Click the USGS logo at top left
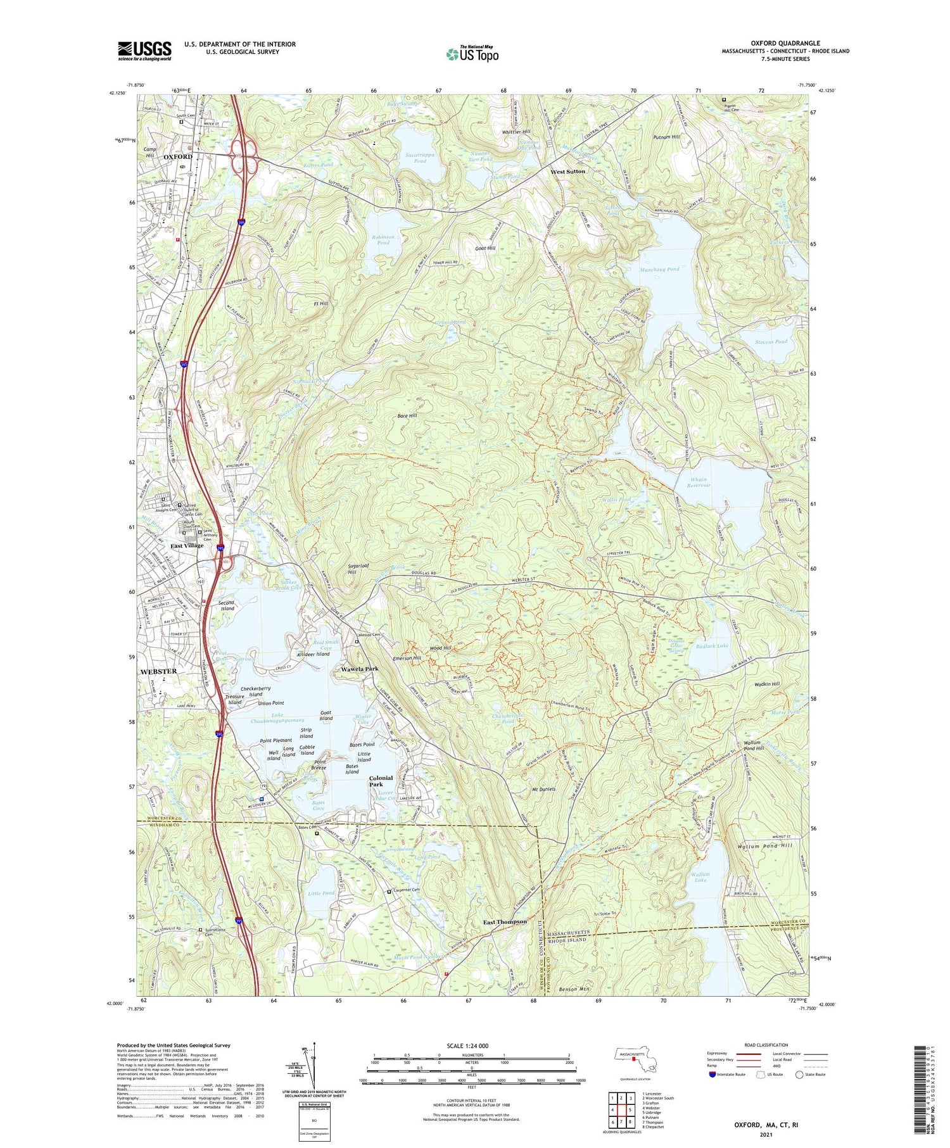pyautogui.click(x=144, y=51)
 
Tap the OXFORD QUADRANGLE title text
pyautogui.click(x=785, y=43)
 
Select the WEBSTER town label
pyautogui.click(x=158, y=671)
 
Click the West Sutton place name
pyautogui.click(x=567, y=172)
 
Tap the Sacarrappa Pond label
pyautogui.click(x=415, y=158)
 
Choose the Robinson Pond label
pyautogui.click(x=383, y=239)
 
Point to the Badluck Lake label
pyautogui.click(x=712, y=646)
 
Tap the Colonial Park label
pyautogui.click(x=381, y=781)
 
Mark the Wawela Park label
pyautogui.click(x=360, y=669)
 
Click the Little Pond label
pyautogui.click(x=320, y=893)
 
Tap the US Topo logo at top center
pyautogui.click(x=472, y=54)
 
